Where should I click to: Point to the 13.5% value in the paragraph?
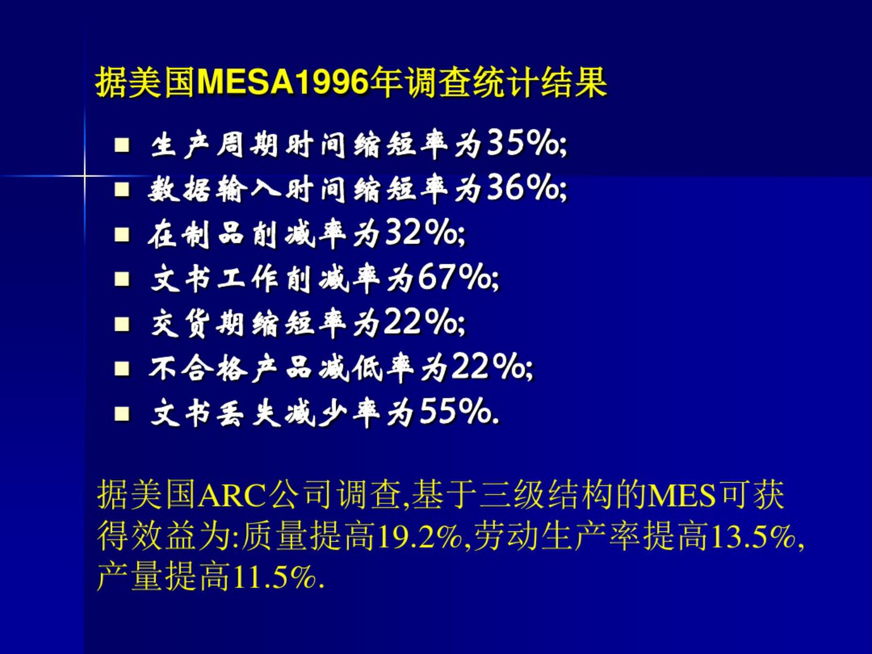[x=753, y=536]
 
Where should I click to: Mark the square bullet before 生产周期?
[x=121, y=145]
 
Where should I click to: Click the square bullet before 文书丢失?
[x=121, y=413]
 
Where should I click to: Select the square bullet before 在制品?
[x=121, y=235]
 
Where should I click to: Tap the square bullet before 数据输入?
[x=121, y=190]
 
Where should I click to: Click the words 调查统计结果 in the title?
[x=506, y=83]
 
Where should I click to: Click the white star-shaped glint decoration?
[x=85, y=176]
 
